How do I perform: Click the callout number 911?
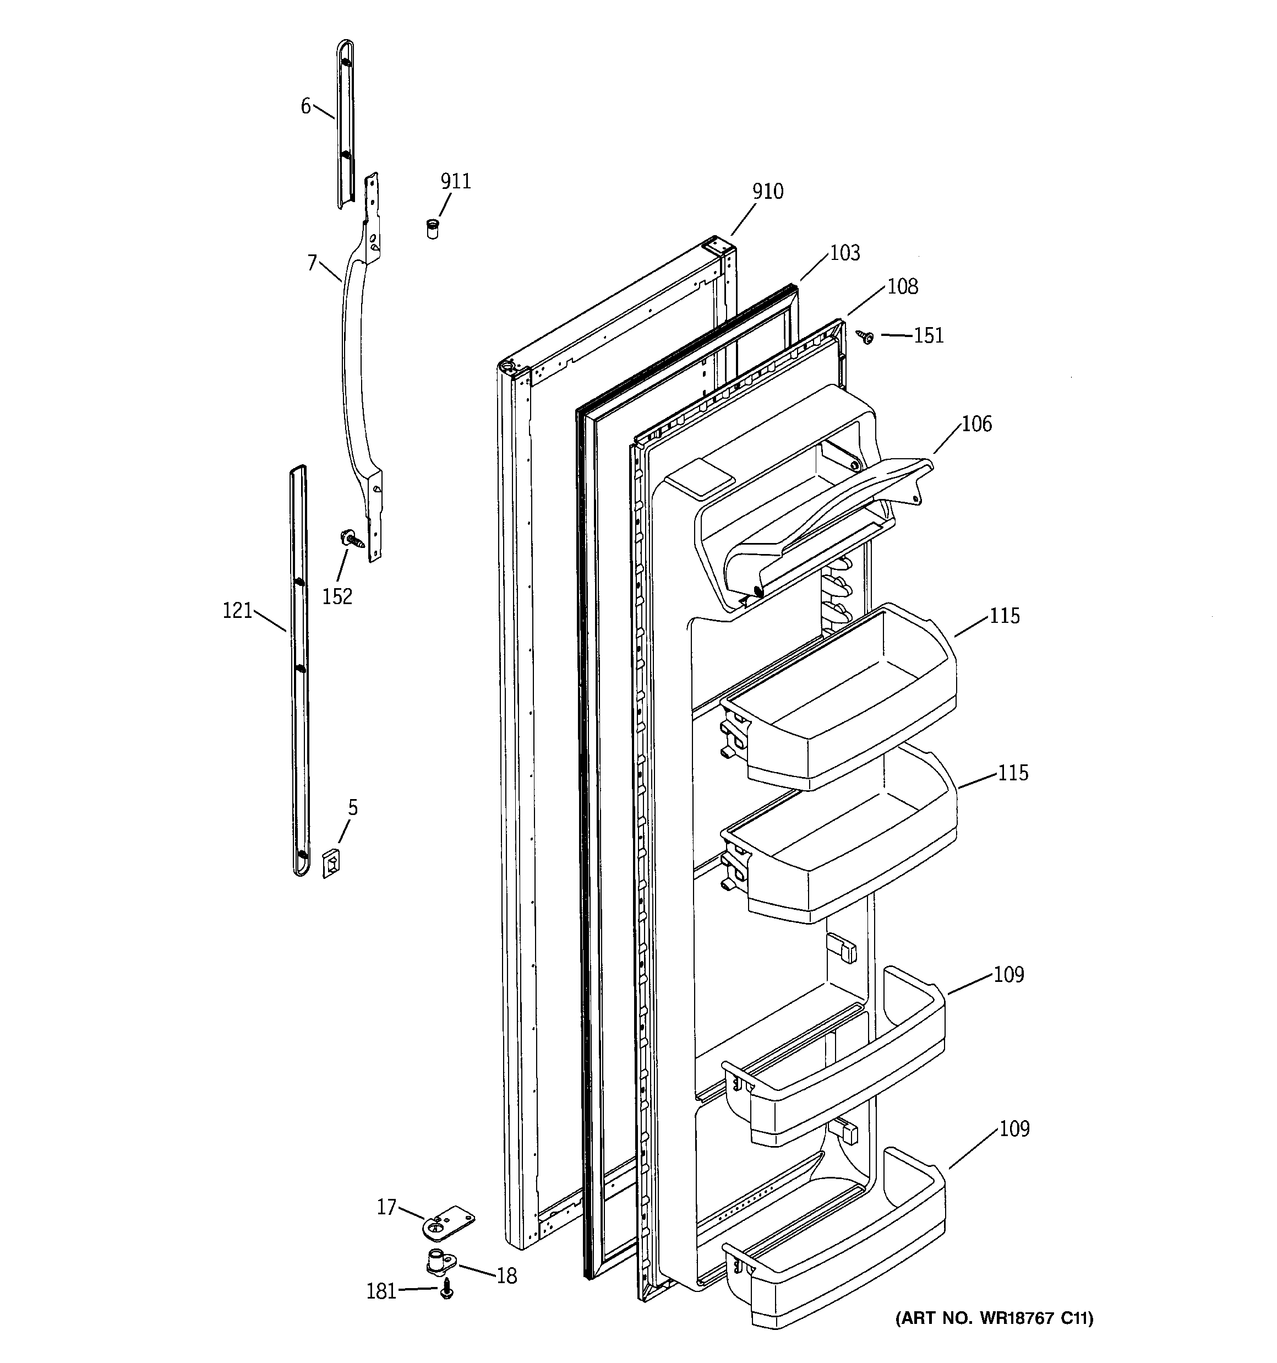tap(456, 181)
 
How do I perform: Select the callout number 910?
tap(768, 191)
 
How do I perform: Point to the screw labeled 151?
tap(865, 336)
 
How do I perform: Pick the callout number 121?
tap(238, 610)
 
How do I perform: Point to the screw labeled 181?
tap(447, 1290)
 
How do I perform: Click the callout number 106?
tap(976, 423)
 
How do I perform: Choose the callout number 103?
tap(844, 253)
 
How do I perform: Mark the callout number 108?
tap(903, 286)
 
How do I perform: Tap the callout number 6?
tap(305, 106)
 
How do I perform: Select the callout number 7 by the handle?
tap(313, 263)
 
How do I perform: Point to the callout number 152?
tap(337, 596)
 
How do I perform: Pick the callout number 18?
tap(506, 1276)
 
